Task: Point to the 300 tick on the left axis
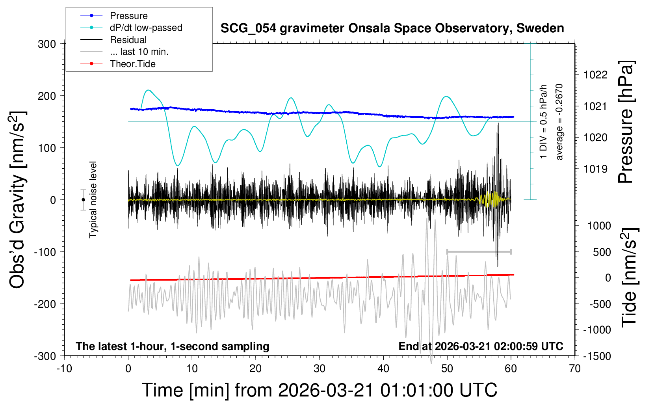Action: click(x=47, y=44)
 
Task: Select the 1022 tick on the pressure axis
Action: click(x=595, y=75)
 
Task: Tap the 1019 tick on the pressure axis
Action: click(x=595, y=169)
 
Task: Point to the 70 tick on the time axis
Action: click(x=575, y=369)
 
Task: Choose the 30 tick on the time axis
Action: click(x=320, y=369)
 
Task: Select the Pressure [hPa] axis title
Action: click(x=626, y=122)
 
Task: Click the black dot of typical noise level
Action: click(x=83, y=200)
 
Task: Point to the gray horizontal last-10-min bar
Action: click(x=479, y=251)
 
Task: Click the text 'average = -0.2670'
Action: click(x=559, y=122)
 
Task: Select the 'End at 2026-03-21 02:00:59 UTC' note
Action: click(x=481, y=346)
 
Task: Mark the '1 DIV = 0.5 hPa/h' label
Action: click(x=544, y=121)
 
